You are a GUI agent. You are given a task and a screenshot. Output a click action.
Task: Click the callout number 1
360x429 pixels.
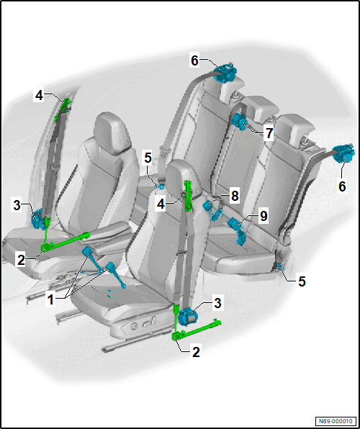tap(50, 300)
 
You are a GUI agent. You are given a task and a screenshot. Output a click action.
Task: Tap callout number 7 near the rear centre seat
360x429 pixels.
tap(269, 133)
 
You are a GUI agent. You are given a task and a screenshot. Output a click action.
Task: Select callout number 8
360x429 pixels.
tap(235, 196)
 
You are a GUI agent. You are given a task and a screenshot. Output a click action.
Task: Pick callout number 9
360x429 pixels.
tap(263, 216)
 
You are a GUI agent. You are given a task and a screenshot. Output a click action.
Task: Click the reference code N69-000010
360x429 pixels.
tap(336, 420)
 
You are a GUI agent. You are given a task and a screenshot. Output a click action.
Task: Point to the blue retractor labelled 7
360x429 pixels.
tap(240, 121)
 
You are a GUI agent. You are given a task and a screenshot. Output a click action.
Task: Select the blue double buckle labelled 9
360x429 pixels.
tap(236, 230)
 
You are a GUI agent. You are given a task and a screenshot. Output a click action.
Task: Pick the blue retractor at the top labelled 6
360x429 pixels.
tap(225, 73)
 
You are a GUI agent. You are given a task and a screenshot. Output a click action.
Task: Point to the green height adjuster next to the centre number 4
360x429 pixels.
tap(189, 197)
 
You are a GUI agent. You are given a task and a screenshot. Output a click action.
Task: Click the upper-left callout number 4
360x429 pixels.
tap(39, 96)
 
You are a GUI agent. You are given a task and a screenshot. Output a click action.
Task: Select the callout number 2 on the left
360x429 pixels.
tap(21, 260)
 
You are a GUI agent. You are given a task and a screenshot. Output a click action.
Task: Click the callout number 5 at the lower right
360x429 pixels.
tap(302, 282)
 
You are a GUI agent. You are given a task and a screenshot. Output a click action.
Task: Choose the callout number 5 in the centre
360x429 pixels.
tap(148, 158)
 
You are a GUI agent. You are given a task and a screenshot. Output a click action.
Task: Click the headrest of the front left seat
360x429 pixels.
tap(113, 133)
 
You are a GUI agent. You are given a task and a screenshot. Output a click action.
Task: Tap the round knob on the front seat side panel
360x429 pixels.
tap(134, 326)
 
